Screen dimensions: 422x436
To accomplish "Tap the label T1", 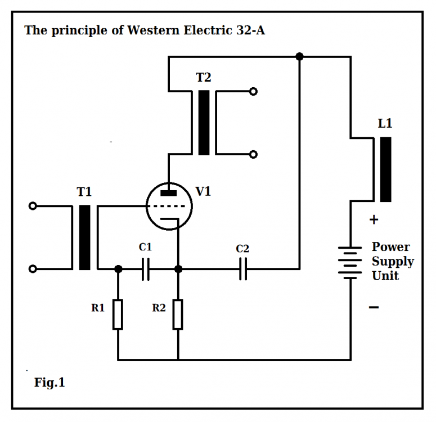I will tap(84, 192).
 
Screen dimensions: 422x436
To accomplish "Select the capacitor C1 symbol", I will tap(146, 270).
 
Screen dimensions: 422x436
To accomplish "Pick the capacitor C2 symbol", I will tap(243, 270).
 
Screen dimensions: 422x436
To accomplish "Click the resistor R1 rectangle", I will tap(118, 315).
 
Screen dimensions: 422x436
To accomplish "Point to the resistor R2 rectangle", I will tap(178, 315).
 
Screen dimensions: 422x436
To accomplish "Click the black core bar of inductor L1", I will tap(385, 169).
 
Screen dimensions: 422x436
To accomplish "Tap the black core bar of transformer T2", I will tap(204, 123).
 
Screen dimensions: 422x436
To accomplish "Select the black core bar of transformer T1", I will tap(85, 237).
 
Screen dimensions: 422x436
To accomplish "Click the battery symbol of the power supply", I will tap(350, 262).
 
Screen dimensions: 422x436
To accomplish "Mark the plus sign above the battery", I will tap(374, 220).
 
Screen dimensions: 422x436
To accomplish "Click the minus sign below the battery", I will tap(374, 307).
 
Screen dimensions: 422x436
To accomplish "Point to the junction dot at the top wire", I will tap(299, 56).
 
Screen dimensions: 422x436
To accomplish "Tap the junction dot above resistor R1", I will tap(118, 270).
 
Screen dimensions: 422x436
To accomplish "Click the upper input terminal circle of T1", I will tap(33, 206).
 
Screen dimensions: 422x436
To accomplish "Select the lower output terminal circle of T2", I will tap(254, 154).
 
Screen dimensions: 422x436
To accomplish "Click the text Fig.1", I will tap(50, 383).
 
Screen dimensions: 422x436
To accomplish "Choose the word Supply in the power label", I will tap(393, 262).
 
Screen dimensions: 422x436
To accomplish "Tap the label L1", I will tap(385, 124).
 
